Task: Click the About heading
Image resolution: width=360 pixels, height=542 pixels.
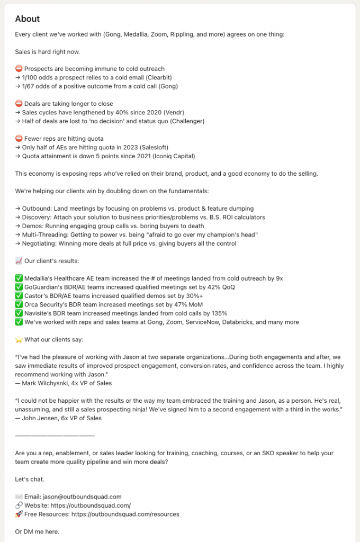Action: click(28, 19)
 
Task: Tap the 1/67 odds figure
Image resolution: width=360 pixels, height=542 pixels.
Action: click(31, 86)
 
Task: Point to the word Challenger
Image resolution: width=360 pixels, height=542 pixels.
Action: click(185, 121)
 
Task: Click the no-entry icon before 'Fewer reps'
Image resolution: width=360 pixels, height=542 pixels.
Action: click(19, 139)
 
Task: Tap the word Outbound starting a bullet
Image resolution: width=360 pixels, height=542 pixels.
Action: click(38, 209)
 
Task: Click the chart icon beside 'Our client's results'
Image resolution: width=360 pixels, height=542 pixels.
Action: click(19, 261)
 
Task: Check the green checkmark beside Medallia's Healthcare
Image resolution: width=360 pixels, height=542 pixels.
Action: click(19, 278)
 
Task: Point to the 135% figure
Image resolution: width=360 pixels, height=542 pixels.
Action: click(204, 313)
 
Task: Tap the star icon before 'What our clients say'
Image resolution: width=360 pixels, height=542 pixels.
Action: click(19, 339)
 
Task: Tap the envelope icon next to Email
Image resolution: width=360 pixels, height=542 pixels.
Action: click(19, 496)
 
